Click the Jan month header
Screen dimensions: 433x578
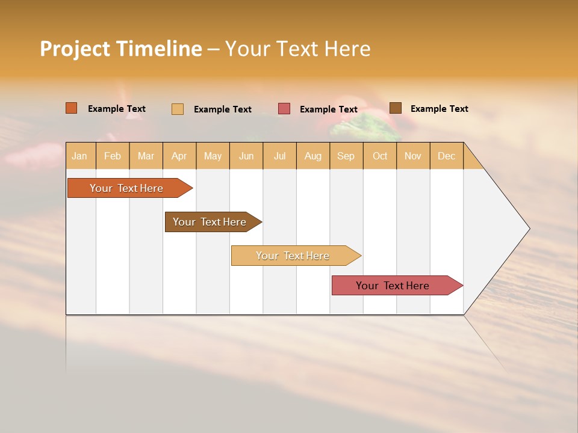[x=80, y=156]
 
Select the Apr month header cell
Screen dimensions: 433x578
[x=179, y=156]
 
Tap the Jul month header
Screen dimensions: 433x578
[x=279, y=156]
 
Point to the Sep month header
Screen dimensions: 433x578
[x=346, y=156]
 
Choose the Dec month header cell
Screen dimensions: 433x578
[x=446, y=156]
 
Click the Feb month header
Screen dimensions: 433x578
[x=113, y=156]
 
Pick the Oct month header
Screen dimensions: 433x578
[x=380, y=156]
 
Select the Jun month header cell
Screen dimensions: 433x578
[x=246, y=156]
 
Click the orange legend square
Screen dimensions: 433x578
[x=72, y=108]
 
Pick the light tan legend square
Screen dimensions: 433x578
[x=178, y=109]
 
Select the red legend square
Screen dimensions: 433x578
[x=284, y=109]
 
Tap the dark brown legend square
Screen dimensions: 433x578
[x=396, y=108]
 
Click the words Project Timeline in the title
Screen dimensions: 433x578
[x=120, y=48]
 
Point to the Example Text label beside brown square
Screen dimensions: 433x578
[x=439, y=108]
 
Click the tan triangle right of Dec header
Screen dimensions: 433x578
[x=472, y=161]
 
